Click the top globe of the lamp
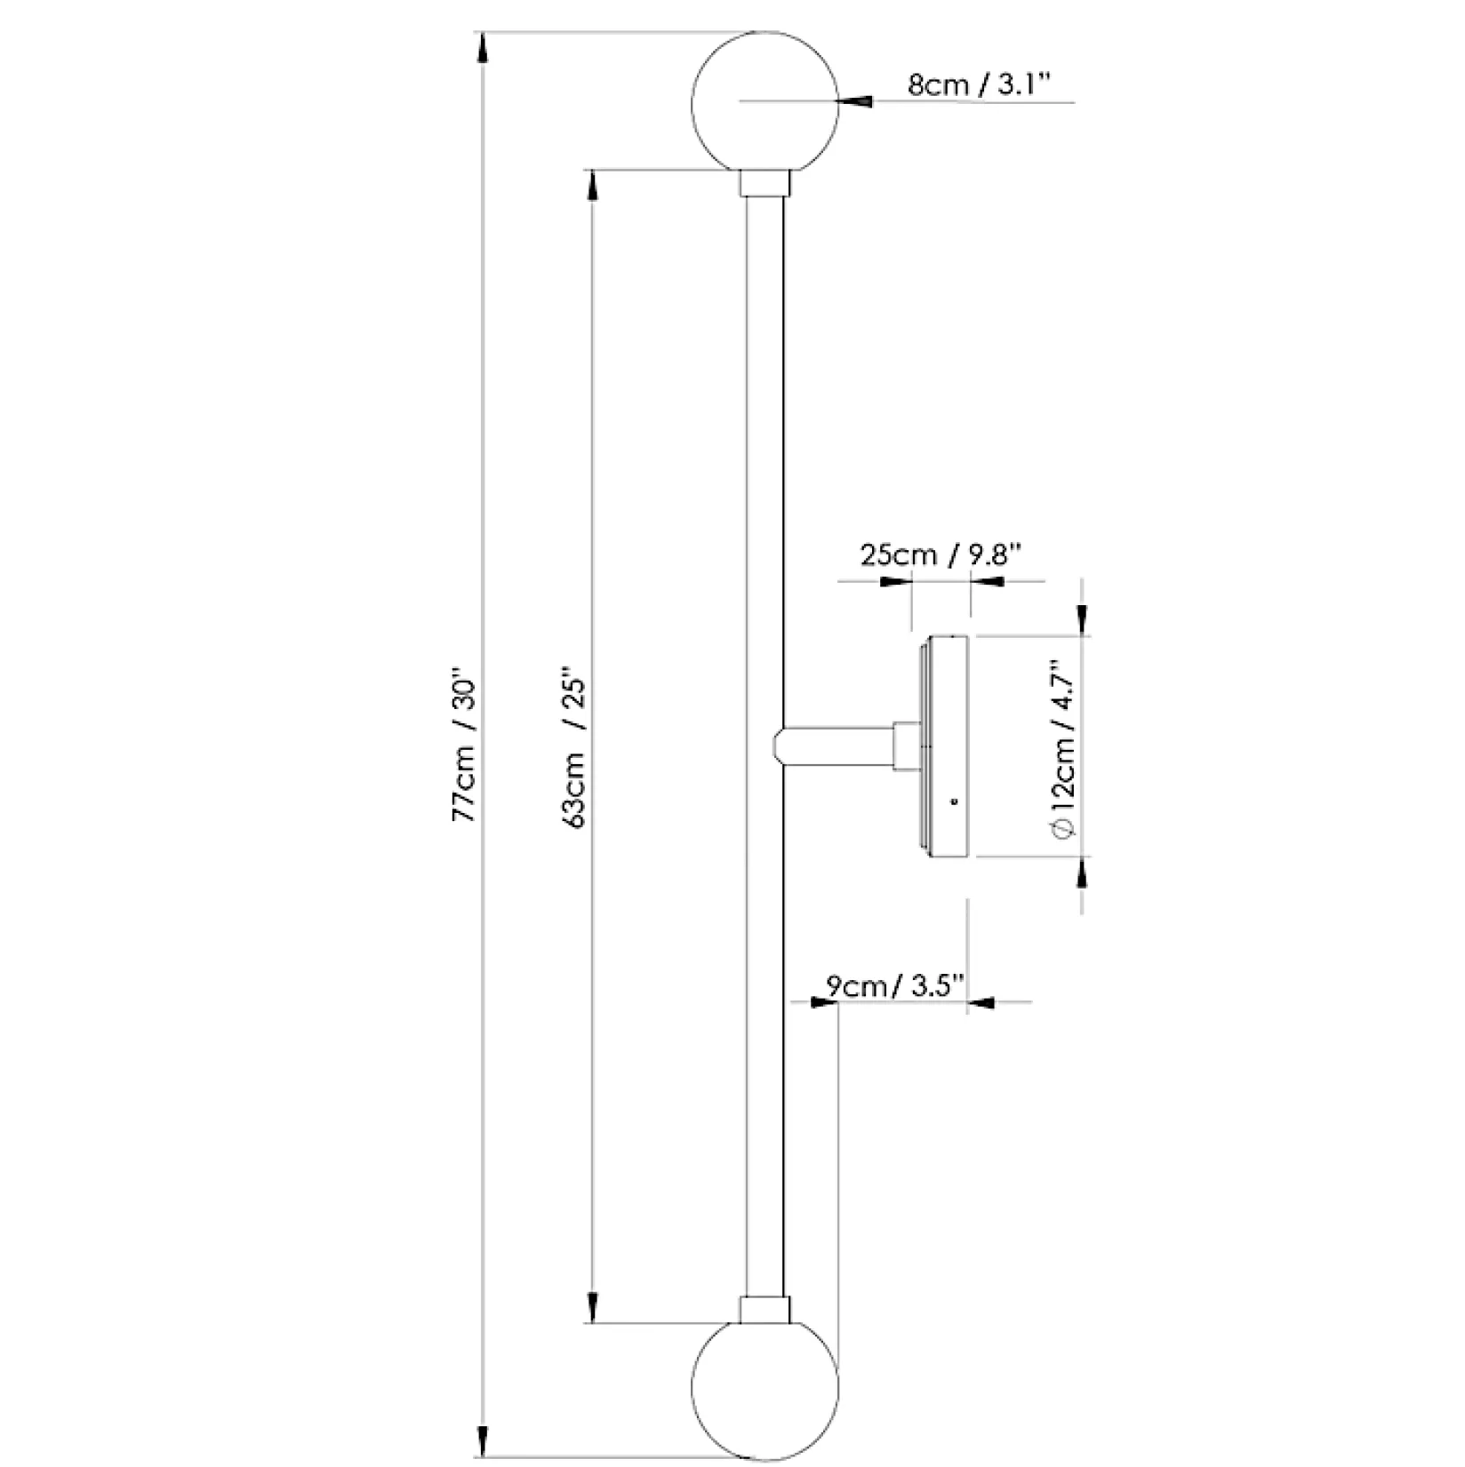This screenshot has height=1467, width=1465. [765, 101]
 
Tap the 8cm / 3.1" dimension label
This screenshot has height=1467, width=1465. [980, 85]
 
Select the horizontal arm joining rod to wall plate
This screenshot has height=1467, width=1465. [835, 745]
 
